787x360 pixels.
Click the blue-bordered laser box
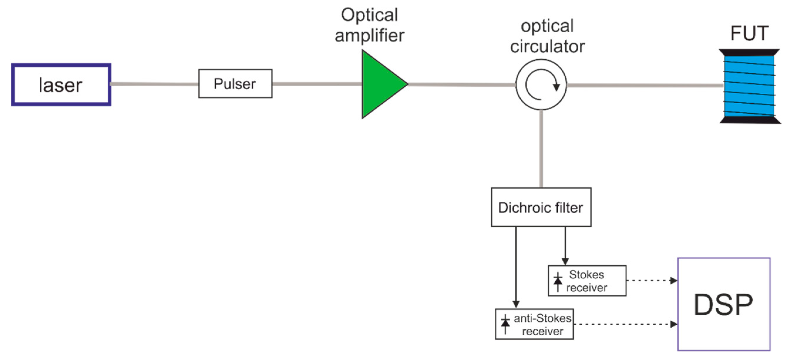click(61, 85)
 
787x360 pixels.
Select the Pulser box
click(235, 83)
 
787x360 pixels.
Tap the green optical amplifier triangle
click(379, 84)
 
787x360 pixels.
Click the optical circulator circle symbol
click(541, 85)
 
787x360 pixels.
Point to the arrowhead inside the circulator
click(556, 87)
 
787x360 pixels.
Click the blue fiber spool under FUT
click(749, 86)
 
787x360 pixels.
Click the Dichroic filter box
click(541, 207)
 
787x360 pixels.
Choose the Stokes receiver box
click(587, 280)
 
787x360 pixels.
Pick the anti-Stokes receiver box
click(534, 324)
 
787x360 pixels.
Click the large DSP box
click(724, 304)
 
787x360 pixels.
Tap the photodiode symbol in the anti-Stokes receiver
click(505, 324)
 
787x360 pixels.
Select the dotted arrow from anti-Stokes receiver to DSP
click(625, 324)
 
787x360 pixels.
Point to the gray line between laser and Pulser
click(154, 84)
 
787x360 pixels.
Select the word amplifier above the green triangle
click(369, 36)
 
